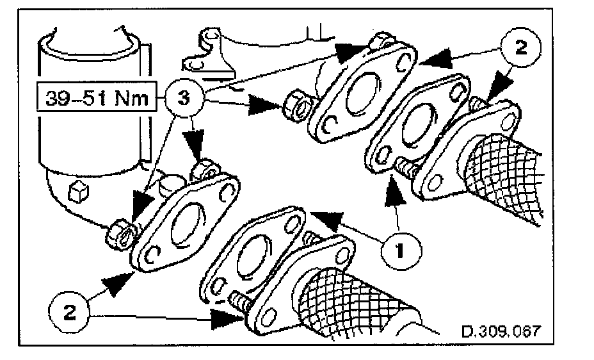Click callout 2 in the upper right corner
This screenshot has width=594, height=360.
pos(522,49)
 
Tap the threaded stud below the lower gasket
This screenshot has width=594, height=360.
pos(239,300)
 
